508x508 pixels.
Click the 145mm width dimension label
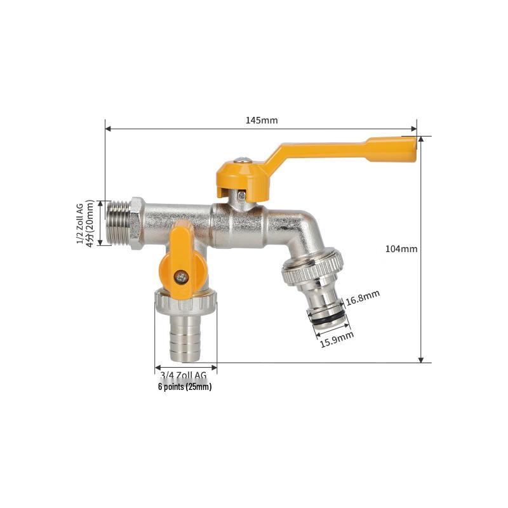coord(262,121)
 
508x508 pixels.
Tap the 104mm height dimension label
coord(401,249)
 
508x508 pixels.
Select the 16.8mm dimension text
coord(363,298)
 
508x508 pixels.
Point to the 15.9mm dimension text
coord(337,339)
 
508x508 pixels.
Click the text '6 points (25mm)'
coord(185,387)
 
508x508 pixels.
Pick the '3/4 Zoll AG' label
coord(184,375)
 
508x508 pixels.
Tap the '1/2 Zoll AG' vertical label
coord(80,224)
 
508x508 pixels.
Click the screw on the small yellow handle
coord(181,276)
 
